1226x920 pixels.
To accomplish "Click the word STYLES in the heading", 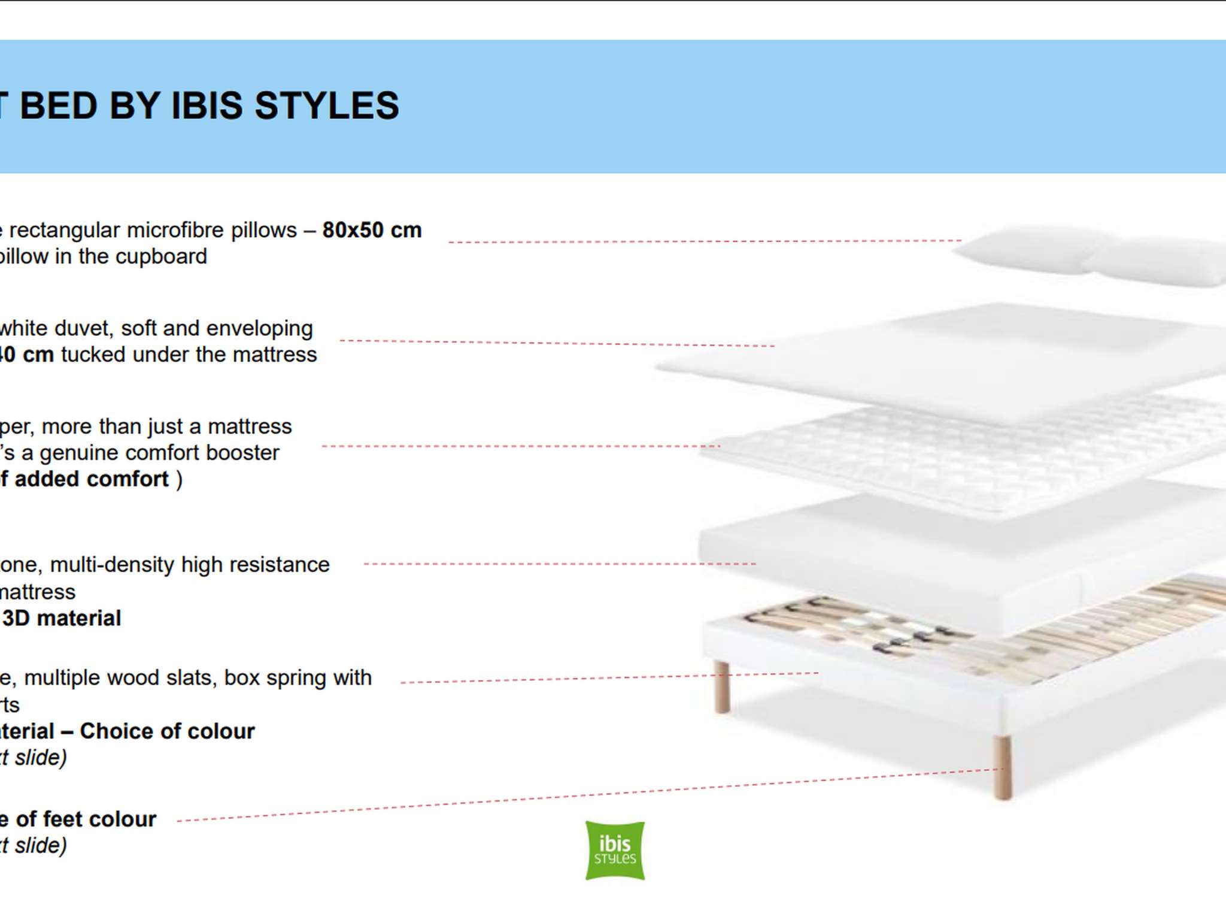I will (327, 106).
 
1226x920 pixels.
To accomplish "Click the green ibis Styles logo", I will (615, 851).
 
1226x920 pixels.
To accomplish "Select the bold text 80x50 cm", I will (372, 230).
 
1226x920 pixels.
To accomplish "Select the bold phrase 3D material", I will (62, 618).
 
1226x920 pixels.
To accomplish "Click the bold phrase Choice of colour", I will (167, 731).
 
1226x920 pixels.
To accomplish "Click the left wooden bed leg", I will (722, 686).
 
